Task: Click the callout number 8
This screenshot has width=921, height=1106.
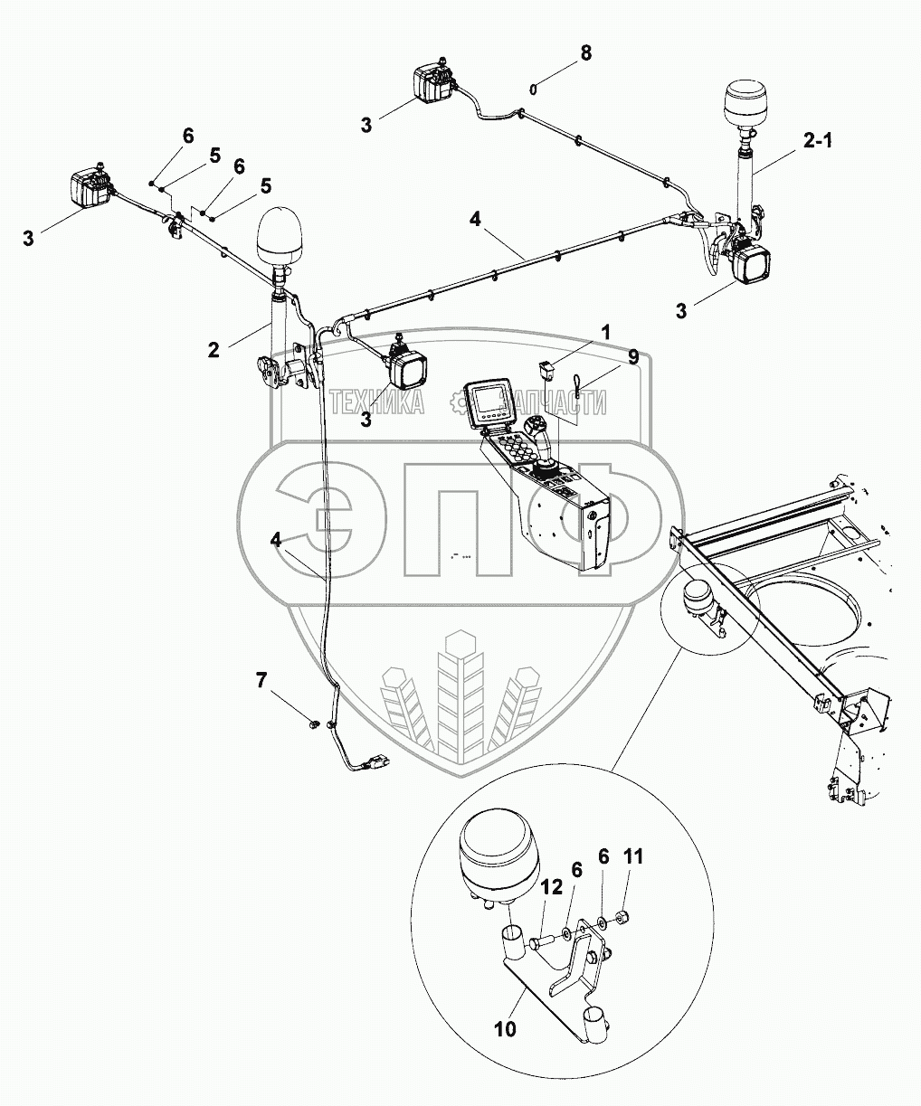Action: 586,52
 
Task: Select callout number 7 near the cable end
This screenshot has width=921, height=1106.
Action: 261,680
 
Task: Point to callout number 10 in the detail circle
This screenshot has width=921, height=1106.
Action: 505,1029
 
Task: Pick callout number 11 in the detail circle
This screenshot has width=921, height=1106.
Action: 633,856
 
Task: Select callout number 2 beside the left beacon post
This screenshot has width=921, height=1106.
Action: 214,349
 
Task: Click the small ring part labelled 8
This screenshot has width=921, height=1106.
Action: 534,88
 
